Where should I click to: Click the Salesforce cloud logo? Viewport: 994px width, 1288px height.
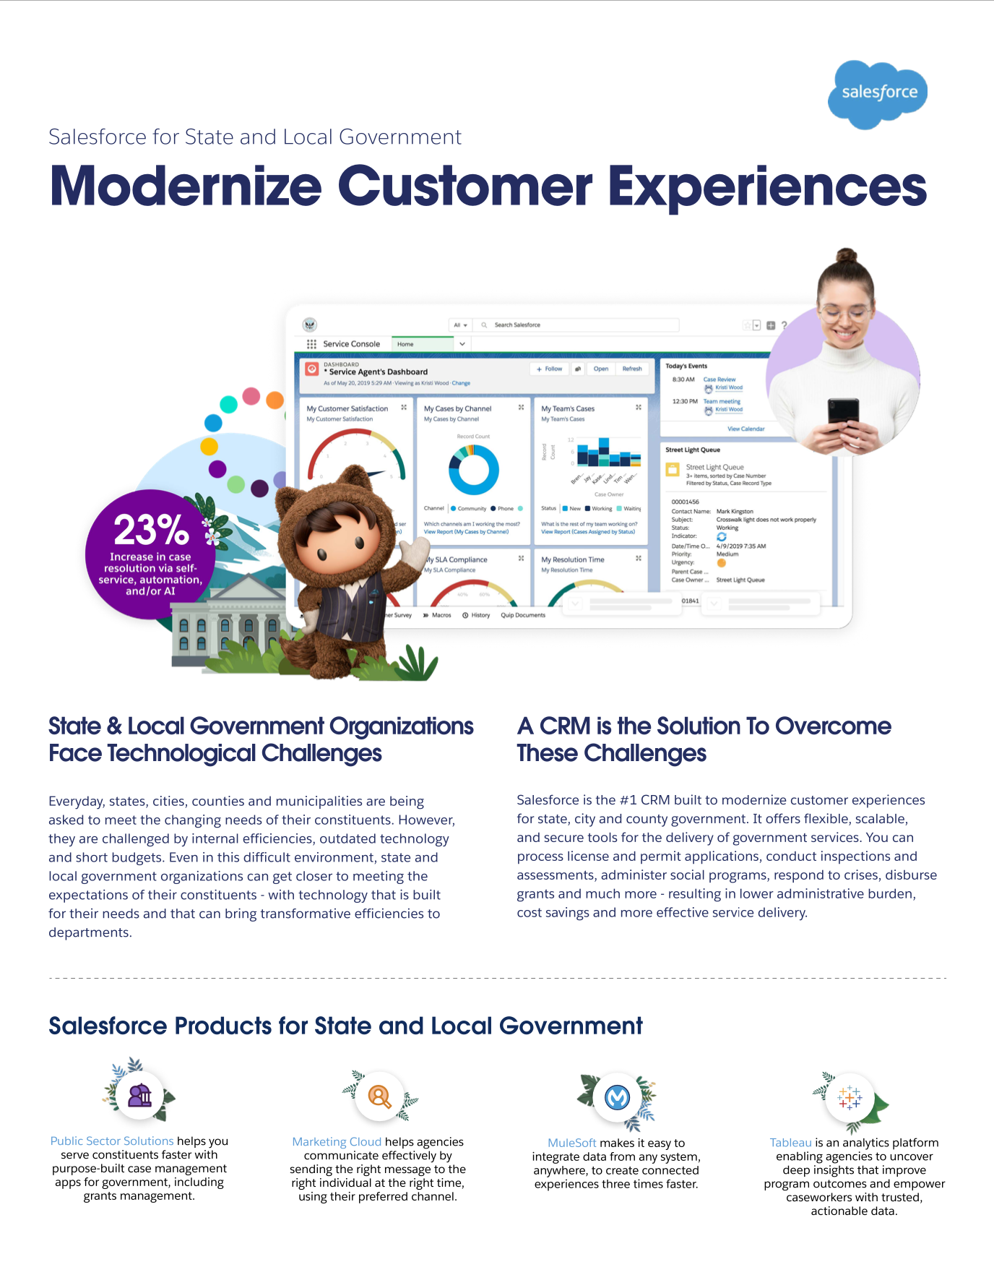point(878,93)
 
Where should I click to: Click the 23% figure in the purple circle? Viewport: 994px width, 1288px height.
point(151,530)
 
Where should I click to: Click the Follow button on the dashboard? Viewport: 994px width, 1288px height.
point(549,369)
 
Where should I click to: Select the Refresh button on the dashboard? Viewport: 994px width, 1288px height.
point(631,369)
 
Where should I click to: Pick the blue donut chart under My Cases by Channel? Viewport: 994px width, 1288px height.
point(473,469)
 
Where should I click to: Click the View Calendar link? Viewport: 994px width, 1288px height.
point(745,429)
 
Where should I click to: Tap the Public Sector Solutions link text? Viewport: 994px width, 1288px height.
point(112,1141)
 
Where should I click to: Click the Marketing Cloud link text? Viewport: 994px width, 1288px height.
point(337,1141)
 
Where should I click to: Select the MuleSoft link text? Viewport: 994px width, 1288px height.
point(571,1143)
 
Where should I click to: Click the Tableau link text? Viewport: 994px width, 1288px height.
point(790,1143)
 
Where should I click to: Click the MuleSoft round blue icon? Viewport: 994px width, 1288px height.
point(617,1098)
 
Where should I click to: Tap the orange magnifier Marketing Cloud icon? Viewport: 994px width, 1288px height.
point(379,1096)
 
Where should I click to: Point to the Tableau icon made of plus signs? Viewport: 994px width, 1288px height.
point(850,1098)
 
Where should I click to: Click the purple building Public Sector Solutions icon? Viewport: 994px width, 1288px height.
point(139,1096)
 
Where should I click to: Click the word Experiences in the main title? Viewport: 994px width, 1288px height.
point(767,187)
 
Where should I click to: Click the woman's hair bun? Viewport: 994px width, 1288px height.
point(846,256)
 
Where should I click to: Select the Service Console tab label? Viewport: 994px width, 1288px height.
point(351,344)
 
